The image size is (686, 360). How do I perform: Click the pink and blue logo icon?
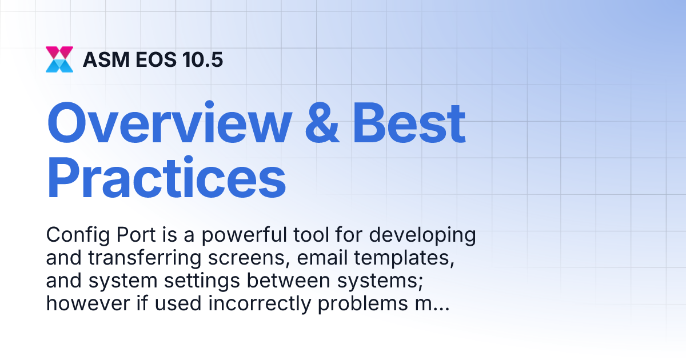[x=59, y=59]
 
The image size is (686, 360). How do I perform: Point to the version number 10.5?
[x=201, y=59]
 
